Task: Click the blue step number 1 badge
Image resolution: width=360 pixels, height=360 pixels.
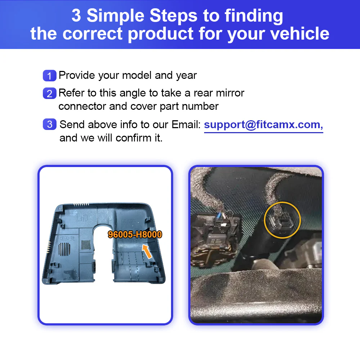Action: [50, 76]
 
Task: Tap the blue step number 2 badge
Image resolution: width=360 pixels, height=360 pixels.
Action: [50, 94]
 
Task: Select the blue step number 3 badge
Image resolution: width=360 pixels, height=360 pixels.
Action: [50, 124]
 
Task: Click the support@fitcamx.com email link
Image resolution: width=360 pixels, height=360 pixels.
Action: [264, 125]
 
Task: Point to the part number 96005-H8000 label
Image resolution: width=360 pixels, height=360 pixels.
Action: [135, 234]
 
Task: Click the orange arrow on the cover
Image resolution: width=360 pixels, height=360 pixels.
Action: [147, 251]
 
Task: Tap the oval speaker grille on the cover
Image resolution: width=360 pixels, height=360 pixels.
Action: [64, 249]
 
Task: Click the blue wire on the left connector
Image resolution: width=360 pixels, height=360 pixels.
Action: [219, 215]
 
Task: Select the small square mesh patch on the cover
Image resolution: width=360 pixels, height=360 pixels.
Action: [86, 245]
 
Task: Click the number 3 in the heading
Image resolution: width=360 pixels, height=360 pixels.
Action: [76, 15]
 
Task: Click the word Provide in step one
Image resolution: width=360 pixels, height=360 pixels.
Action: [77, 75]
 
